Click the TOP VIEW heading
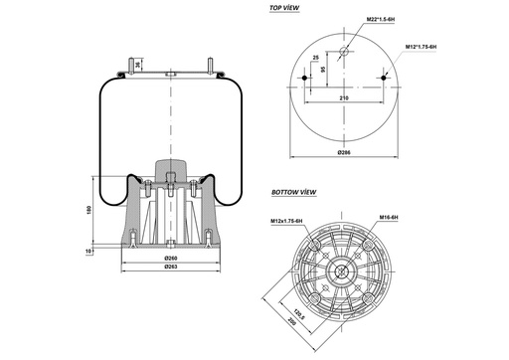click(286, 8)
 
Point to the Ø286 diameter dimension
click(344, 152)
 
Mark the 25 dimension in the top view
click(315, 60)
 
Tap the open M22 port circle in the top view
click(344, 51)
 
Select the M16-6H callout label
click(389, 216)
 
